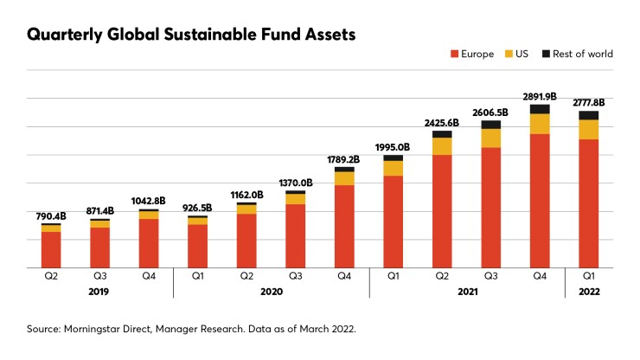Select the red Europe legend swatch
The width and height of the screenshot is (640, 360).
(x=453, y=54)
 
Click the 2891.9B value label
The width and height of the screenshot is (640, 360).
(x=540, y=96)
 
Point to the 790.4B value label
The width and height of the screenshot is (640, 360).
(x=51, y=215)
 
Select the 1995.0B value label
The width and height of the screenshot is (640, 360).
(x=393, y=147)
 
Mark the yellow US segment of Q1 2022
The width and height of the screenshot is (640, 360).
(x=589, y=129)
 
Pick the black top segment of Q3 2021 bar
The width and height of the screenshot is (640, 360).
(x=491, y=125)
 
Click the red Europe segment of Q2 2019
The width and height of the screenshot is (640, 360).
(x=51, y=249)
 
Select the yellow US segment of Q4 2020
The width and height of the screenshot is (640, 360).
(x=344, y=178)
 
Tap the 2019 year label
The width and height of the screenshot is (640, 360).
(x=100, y=292)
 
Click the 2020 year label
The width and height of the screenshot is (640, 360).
(x=272, y=292)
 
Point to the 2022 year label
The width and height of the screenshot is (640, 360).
(x=589, y=292)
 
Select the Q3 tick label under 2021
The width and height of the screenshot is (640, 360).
(x=491, y=278)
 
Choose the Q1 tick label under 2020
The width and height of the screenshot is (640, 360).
(x=198, y=278)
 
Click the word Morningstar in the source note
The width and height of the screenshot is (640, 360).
(x=93, y=330)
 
